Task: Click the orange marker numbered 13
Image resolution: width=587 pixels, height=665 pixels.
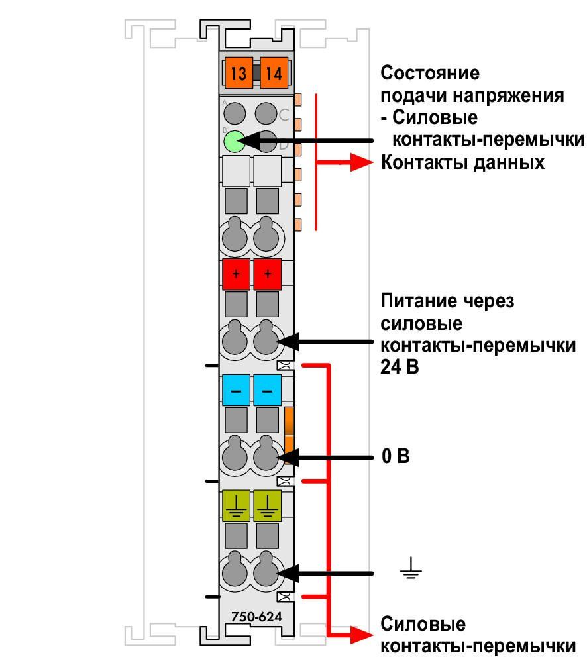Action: pyautogui.click(x=239, y=72)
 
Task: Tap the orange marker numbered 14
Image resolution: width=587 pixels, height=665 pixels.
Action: pyautogui.click(x=274, y=72)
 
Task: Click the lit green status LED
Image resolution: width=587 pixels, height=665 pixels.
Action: pyautogui.click(x=235, y=141)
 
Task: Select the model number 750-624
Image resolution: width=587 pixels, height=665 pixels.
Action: pyautogui.click(x=256, y=616)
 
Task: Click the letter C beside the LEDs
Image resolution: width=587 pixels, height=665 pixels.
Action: pyautogui.click(x=284, y=114)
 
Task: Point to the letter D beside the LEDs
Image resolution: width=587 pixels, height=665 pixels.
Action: pyautogui.click(x=284, y=145)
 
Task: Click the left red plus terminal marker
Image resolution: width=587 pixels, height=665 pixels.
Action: pyautogui.click(x=237, y=274)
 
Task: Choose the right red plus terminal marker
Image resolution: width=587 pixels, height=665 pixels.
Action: pyautogui.click(x=267, y=274)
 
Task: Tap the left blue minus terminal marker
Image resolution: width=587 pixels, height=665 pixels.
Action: pyautogui.click(x=237, y=390)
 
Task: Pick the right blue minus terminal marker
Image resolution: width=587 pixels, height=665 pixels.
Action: pyautogui.click(x=267, y=390)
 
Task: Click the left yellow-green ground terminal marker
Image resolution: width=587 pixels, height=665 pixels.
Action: pyautogui.click(x=237, y=505)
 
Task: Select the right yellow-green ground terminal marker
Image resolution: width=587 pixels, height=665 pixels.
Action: pyautogui.click(x=267, y=505)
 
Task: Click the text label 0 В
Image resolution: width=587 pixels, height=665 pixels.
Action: pyautogui.click(x=396, y=456)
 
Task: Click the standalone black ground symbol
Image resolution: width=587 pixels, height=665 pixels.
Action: pyautogui.click(x=411, y=568)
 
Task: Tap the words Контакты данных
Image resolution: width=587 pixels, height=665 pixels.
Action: pyautogui.click(x=462, y=162)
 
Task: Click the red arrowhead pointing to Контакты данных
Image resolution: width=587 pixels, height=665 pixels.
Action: pyautogui.click(x=362, y=162)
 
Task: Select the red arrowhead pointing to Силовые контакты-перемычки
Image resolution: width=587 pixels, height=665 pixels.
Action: pyautogui.click(x=362, y=635)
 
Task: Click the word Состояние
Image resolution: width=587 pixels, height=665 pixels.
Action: pyautogui.click(x=430, y=73)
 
